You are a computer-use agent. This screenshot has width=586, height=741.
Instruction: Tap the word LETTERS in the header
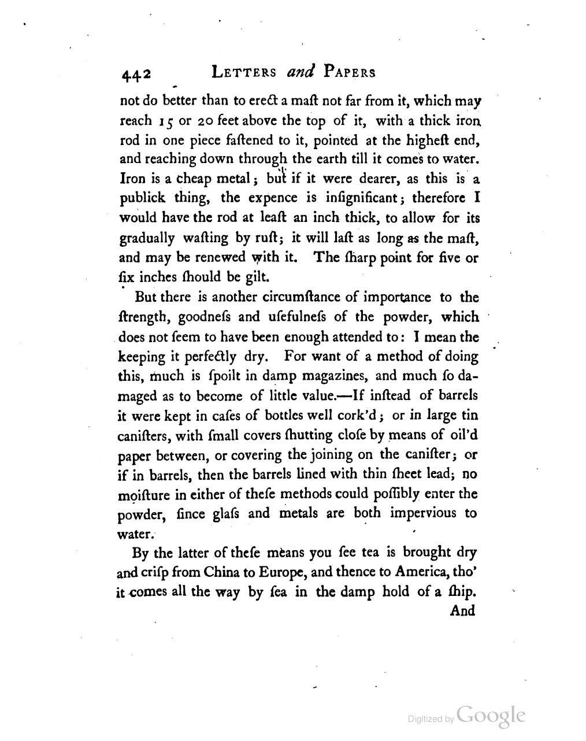(244, 73)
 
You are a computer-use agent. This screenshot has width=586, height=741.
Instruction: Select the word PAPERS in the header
(350, 73)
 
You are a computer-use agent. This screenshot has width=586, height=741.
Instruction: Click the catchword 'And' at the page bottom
(462, 611)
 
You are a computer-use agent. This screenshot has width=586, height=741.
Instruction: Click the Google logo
(491, 716)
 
